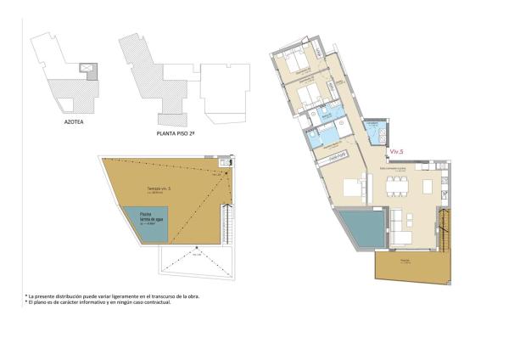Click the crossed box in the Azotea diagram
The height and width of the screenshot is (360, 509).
click(x=87, y=68)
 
